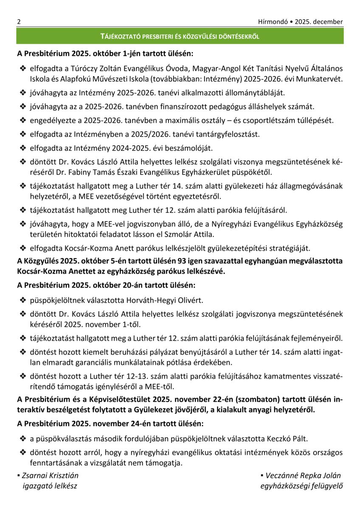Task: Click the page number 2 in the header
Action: pyautogui.click(x=19, y=22)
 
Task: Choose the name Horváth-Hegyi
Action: pyautogui.click(x=149, y=300)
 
